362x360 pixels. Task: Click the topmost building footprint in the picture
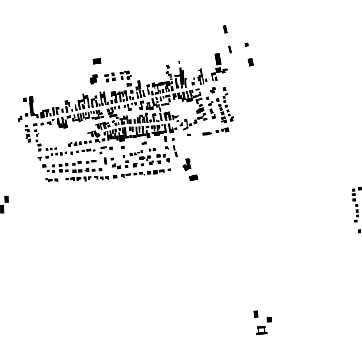pyautogui.click(x=225, y=29)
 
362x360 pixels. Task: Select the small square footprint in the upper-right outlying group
pyautogui.click(x=246, y=45)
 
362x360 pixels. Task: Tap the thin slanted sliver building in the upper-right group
pyautogui.click(x=230, y=49)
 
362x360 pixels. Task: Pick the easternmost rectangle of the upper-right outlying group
pyautogui.click(x=251, y=62)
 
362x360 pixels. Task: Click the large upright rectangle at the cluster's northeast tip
pyautogui.click(x=218, y=59)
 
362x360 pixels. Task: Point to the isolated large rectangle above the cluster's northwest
pyautogui.click(x=97, y=61)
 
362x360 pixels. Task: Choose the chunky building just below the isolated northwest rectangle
pyautogui.click(x=93, y=79)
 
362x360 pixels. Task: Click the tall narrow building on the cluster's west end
pyautogui.click(x=32, y=106)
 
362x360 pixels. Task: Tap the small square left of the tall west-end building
pyautogui.click(x=25, y=100)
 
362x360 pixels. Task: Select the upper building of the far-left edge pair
pyautogui.click(x=7, y=199)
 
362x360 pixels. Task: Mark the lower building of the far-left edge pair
pyautogui.click(x=2, y=209)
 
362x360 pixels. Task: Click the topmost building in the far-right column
pyautogui.click(x=360, y=189)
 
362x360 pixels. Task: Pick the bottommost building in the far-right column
pyautogui.click(x=359, y=231)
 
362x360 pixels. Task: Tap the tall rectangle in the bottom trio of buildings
pyautogui.click(x=256, y=314)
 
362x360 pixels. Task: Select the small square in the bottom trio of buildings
pyautogui.click(x=269, y=319)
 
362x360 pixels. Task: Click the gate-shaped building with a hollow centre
pyautogui.click(x=262, y=330)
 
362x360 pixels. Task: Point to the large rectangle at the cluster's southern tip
pyautogui.click(x=193, y=178)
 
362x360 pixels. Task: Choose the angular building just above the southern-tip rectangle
pyautogui.click(x=187, y=165)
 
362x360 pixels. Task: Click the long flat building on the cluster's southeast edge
pyautogui.click(x=206, y=134)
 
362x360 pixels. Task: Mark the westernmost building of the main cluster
pyautogui.click(x=20, y=119)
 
